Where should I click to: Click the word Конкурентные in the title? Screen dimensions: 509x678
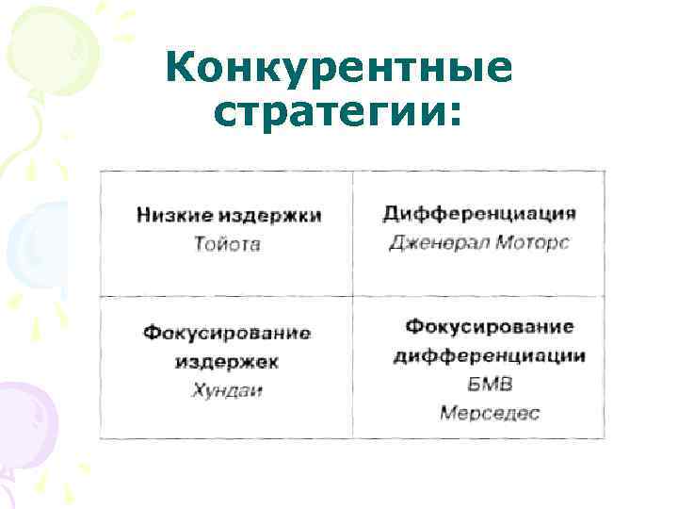339,69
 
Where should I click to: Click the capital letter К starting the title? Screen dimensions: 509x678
180,69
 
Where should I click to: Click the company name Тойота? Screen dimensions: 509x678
227,244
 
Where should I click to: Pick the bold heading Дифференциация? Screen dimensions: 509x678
479,213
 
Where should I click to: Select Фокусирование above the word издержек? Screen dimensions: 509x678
227,333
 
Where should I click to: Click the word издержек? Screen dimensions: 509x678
227,361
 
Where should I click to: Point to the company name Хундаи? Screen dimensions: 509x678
227,389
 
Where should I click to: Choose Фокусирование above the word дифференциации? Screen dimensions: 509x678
490,326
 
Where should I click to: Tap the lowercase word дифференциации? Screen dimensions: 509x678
490,355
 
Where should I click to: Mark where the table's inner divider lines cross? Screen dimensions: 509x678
352,296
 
